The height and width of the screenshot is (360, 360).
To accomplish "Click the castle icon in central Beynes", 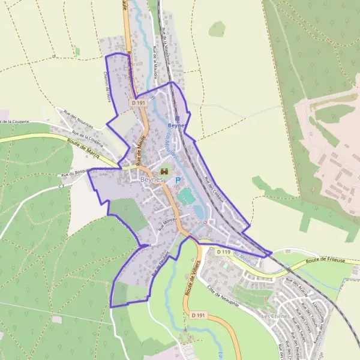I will pos(164,172).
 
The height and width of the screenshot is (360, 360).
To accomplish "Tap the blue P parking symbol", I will pos(178,179).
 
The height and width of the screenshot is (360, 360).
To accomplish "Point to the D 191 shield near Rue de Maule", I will pos(139,103).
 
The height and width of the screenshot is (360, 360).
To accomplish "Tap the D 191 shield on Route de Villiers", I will pos(199,315).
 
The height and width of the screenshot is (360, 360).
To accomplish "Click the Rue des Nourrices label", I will pos(79,118).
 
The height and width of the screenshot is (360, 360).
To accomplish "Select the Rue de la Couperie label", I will pos(87,138).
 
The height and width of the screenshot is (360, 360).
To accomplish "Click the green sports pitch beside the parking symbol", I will pos(187,196).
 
